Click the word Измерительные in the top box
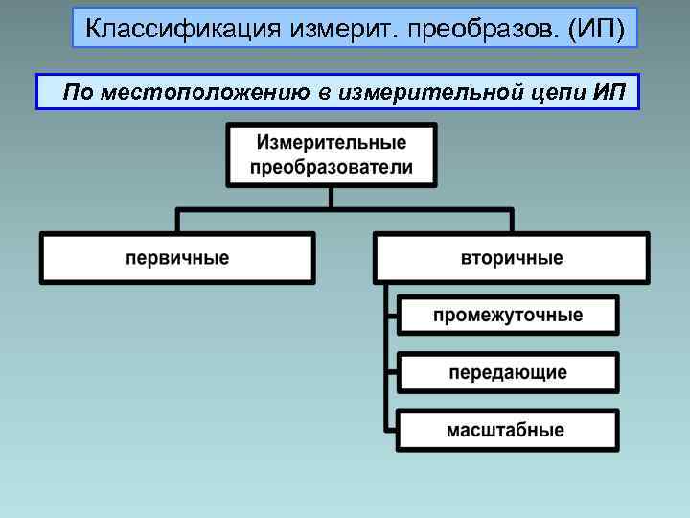(x=331, y=143)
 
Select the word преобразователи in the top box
(x=331, y=167)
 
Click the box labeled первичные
(x=177, y=258)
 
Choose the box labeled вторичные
(x=512, y=258)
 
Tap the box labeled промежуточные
(x=508, y=316)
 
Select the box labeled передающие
(x=508, y=372)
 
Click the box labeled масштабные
(x=508, y=430)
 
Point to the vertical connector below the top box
(x=331, y=197)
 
